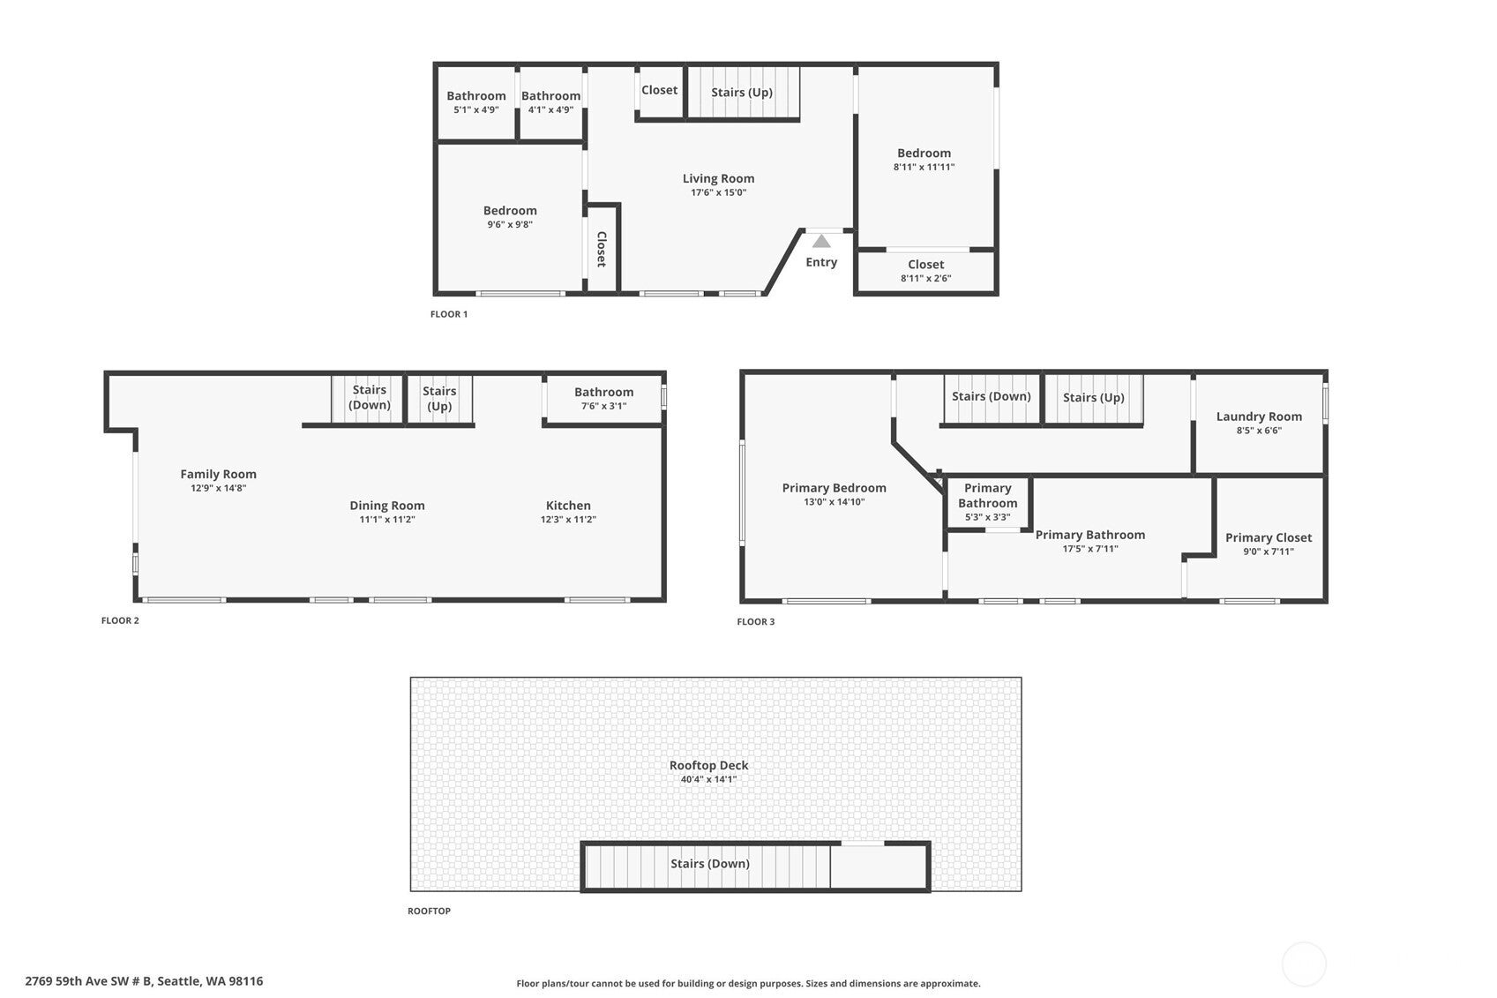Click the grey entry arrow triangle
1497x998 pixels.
coord(821,241)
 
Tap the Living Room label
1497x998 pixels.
coord(718,178)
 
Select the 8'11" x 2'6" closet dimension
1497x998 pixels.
coord(925,279)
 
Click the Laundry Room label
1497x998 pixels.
coord(1259,416)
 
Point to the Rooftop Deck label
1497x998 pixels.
coord(708,766)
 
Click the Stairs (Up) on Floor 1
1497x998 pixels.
coord(742,93)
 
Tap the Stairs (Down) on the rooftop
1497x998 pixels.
coord(709,864)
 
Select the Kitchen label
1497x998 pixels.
coord(568,506)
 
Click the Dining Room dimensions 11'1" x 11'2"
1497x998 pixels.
coord(386,520)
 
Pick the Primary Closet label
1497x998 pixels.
coord(1268,537)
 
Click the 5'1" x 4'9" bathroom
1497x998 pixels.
coord(476,102)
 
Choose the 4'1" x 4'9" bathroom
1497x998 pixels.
coord(550,102)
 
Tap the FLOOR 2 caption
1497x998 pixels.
coord(120,620)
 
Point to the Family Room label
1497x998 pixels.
coord(218,474)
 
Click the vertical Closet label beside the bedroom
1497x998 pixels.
coord(602,249)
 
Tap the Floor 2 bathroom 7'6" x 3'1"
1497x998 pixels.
coord(603,399)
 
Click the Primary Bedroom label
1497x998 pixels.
coord(834,488)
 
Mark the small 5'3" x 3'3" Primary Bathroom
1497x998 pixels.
coord(987,502)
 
